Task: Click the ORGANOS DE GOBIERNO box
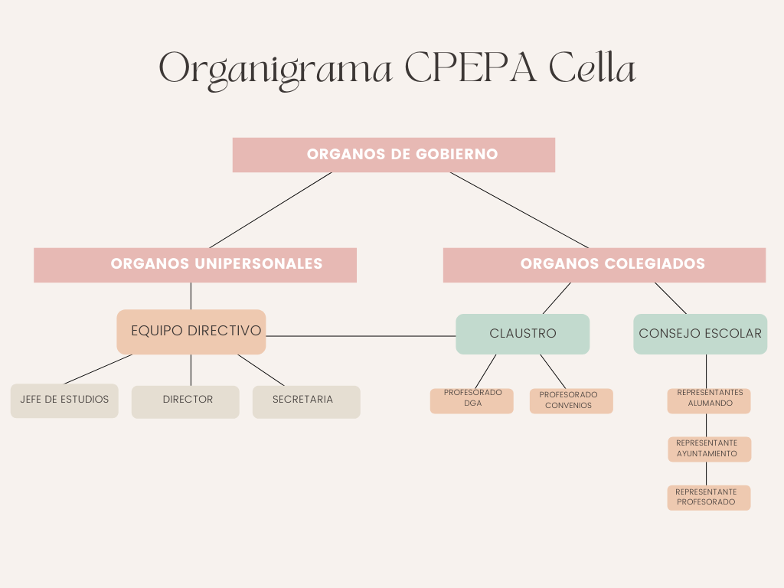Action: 394,155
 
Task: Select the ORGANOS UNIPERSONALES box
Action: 195,265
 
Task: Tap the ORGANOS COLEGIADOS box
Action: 604,265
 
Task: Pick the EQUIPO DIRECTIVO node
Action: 191,332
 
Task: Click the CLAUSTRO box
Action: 522,334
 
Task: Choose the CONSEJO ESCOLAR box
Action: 700,334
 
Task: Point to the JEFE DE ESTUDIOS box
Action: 64,400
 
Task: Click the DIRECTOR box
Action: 185,402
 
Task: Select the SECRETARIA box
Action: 306,402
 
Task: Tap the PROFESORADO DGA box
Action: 472,401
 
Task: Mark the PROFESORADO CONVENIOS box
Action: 571,401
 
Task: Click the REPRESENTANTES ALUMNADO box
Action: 709,401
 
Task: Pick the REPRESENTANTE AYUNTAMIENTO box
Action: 710,449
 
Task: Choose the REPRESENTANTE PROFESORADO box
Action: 709,498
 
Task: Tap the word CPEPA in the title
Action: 471,67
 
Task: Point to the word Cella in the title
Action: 593,67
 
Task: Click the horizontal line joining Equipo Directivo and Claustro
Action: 361,337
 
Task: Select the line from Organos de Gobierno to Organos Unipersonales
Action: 270,210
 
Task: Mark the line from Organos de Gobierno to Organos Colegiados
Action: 520,210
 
